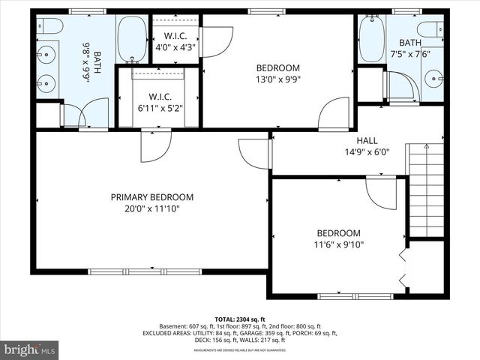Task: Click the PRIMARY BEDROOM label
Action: [x=152, y=197]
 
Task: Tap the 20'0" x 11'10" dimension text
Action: [x=152, y=209]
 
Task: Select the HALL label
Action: [x=367, y=140]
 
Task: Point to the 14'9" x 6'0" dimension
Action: [x=367, y=152]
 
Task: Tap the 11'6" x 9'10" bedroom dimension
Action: [x=338, y=244]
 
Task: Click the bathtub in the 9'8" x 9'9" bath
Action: [x=132, y=39]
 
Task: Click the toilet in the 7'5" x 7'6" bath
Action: [x=431, y=30]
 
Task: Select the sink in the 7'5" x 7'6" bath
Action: [x=433, y=78]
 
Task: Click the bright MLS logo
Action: [x=31, y=349]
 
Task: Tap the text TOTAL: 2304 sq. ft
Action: [x=240, y=319]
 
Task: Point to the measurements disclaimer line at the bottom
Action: [x=240, y=350]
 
